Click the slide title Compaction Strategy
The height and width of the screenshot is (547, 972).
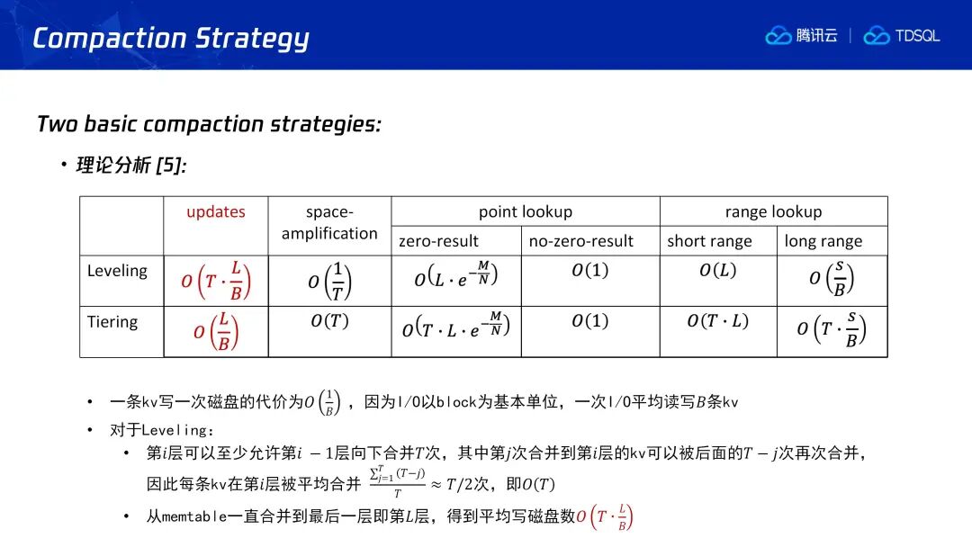tap(170, 39)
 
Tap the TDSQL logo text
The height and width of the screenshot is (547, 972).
tap(917, 36)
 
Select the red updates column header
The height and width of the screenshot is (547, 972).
tap(216, 211)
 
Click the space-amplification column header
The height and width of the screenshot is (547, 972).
tap(329, 222)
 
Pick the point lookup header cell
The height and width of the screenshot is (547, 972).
tap(525, 211)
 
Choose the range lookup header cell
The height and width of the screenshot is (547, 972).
tap(773, 211)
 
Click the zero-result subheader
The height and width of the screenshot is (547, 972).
tap(438, 241)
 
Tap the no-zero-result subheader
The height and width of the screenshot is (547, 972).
tap(580, 241)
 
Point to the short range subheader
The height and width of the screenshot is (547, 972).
tap(709, 241)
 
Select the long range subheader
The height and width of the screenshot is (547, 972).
tap(823, 241)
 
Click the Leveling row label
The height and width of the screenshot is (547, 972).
tap(117, 271)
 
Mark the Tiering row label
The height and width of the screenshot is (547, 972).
tap(112, 322)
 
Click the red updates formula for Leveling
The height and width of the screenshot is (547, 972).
tap(216, 281)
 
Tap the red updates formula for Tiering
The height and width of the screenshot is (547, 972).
tap(216, 331)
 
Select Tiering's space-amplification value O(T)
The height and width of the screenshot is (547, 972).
tap(329, 321)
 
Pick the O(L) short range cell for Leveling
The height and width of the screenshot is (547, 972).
tap(718, 270)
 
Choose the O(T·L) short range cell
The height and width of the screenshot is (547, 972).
tap(718, 321)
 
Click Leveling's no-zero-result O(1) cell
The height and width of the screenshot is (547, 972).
tap(590, 270)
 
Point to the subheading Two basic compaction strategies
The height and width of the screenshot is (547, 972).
tap(209, 124)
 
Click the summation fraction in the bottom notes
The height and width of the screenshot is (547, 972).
tap(398, 482)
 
